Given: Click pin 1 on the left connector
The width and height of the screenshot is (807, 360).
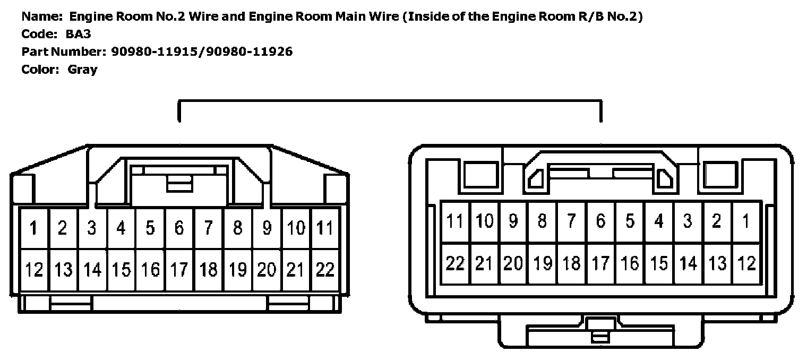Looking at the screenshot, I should click(x=33, y=228).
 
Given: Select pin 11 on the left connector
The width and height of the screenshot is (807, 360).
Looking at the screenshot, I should click(x=324, y=228).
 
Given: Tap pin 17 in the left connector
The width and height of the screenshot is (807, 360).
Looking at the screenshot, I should click(x=179, y=270).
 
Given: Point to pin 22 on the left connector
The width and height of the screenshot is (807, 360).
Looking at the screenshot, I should click(x=324, y=270).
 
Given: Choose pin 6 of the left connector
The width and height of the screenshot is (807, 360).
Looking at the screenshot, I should click(x=179, y=228).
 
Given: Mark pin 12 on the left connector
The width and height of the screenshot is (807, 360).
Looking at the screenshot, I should click(x=33, y=270).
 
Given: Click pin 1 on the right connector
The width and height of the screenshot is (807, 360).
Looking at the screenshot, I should click(x=746, y=221).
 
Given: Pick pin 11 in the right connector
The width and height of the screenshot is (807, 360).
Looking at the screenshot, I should click(x=455, y=221).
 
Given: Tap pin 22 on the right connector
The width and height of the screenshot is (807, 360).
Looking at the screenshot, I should click(x=455, y=263).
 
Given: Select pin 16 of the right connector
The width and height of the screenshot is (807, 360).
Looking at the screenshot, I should click(x=630, y=263).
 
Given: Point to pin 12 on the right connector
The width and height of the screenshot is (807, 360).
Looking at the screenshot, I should click(x=746, y=263).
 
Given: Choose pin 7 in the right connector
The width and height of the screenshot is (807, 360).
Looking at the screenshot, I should click(x=571, y=221).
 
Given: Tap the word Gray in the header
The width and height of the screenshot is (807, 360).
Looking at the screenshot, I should click(x=82, y=69).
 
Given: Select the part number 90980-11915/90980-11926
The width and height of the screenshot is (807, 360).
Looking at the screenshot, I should click(x=202, y=52).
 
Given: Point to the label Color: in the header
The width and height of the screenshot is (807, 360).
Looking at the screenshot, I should click(x=40, y=69).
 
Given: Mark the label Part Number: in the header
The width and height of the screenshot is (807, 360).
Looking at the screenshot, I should click(x=64, y=52).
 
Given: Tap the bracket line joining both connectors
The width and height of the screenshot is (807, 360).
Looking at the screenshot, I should click(x=390, y=101).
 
